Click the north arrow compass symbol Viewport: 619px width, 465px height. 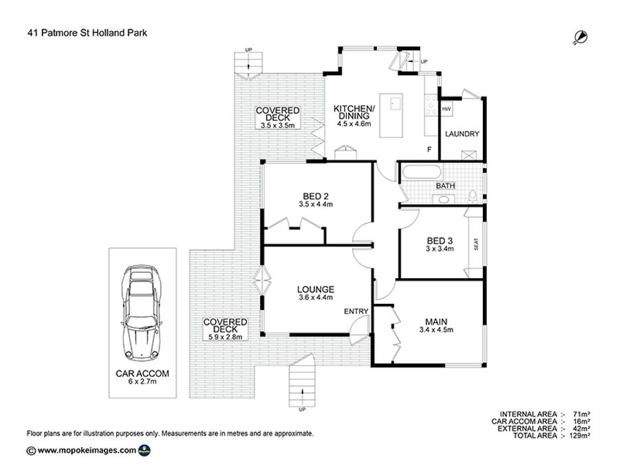pyautogui.click(x=580, y=37)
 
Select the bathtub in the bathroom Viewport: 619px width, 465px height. pyautogui.click(x=421, y=173)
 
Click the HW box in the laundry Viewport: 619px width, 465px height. pyautogui.click(x=446, y=109)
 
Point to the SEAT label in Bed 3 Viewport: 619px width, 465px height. pyautogui.click(x=476, y=244)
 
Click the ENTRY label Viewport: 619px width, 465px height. pyautogui.click(x=356, y=311)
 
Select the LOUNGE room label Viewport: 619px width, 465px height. pyautogui.click(x=316, y=289)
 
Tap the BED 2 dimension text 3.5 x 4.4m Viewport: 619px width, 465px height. pyautogui.click(x=316, y=205)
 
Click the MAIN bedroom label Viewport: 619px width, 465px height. pyautogui.click(x=436, y=322)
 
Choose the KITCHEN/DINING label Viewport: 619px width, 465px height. pyautogui.click(x=354, y=112)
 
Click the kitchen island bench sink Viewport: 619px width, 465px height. pyautogui.click(x=396, y=104)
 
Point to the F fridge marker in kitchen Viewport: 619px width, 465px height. pyautogui.click(x=429, y=149)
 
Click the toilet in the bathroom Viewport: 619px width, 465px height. pyautogui.click(x=473, y=196)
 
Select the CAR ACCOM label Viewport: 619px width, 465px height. pyautogui.click(x=142, y=373)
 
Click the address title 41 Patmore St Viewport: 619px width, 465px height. pyautogui.click(x=57, y=33)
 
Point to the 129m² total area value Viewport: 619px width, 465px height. pyautogui.click(x=580, y=436)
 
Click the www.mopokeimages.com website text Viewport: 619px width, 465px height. pyautogui.click(x=87, y=450)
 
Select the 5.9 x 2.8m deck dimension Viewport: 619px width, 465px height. pyautogui.click(x=226, y=338)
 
